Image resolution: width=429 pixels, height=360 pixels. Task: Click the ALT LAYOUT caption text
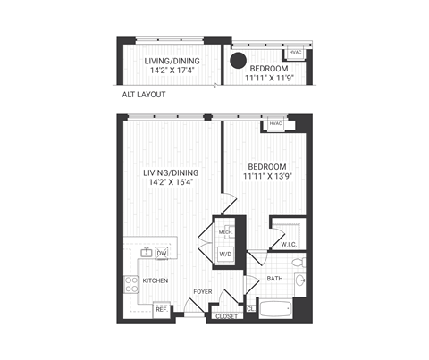tap(143, 93)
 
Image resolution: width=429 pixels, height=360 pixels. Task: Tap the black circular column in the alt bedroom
tap(239, 62)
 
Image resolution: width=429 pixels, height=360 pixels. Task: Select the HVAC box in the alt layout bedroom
tap(295, 53)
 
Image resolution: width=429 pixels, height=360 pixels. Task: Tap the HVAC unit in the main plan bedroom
tap(274, 124)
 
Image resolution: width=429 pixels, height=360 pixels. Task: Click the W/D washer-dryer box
tap(225, 254)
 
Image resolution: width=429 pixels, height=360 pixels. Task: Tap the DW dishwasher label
tap(162, 254)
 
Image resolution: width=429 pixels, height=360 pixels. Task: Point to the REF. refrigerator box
tap(162, 309)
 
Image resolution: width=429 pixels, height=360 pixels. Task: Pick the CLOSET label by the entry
tap(225, 315)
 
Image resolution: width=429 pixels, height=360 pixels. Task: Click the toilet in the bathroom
tap(301, 264)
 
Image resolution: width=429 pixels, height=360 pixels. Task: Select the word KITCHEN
tap(156, 280)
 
